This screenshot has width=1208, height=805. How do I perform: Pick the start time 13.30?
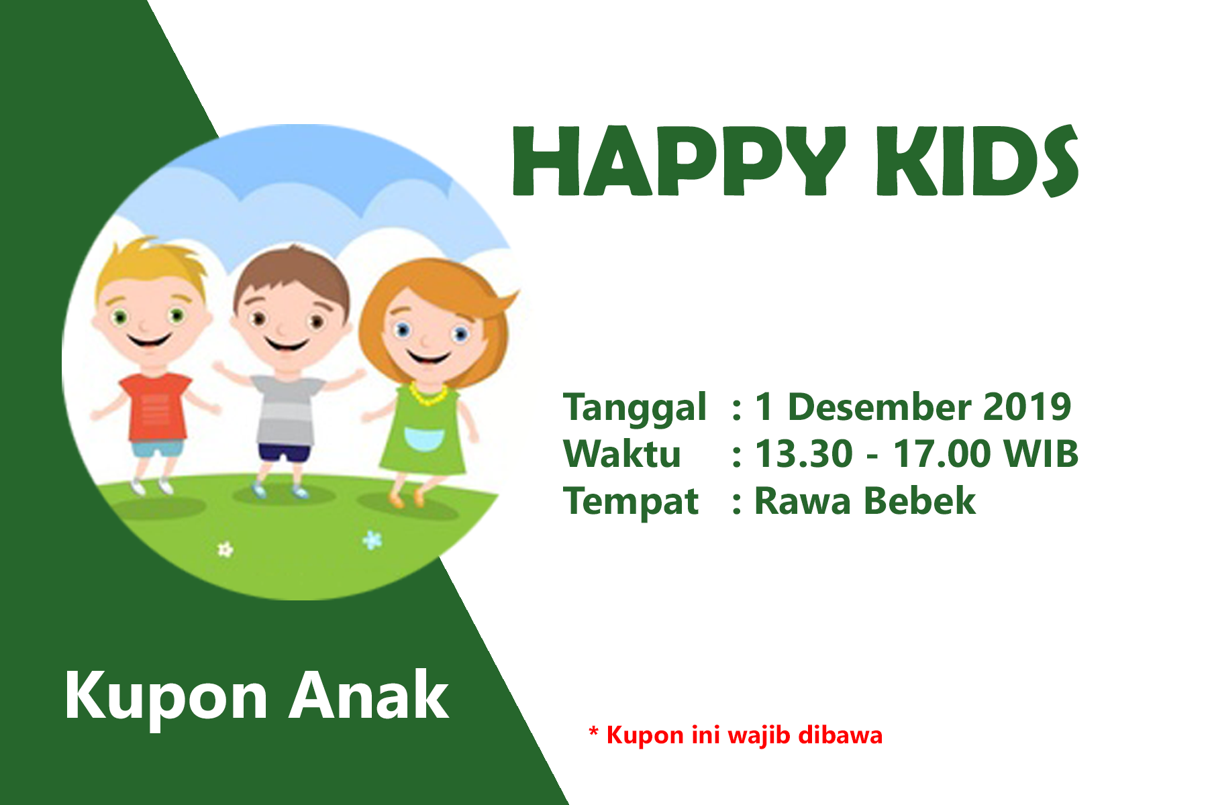tap(803, 453)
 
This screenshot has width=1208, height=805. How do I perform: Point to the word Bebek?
tap(920, 500)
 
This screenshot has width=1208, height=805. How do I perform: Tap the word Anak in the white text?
tap(368, 695)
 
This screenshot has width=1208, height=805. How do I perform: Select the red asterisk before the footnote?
tap(593, 731)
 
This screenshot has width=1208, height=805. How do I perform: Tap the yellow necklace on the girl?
tap(428, 394)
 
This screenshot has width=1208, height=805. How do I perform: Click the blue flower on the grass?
tap(372, 539)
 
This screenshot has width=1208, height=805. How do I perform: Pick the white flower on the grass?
tap(225, 550)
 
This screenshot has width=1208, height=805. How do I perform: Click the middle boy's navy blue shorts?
tap(285, 452)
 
